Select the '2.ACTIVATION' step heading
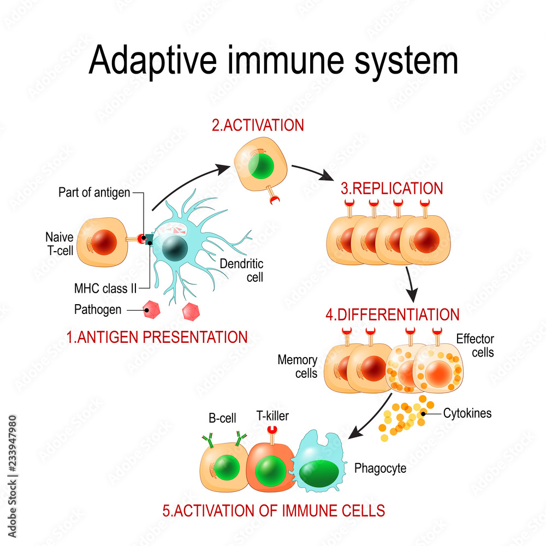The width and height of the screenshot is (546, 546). pyautogui.click(x=257, y=125)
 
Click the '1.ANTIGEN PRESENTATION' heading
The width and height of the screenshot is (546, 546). pyautogui.click(x=157, y=337)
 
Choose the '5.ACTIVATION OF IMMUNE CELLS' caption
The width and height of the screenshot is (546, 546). pyautogui.click(x=274, y=511)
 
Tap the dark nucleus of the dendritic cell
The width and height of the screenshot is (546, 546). pyautogui.click(x=174, y=248)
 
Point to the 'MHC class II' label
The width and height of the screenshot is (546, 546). pyautogui.click(x=105, y=287)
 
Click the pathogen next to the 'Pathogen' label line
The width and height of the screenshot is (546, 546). pyautogui.click(x=151, y=311)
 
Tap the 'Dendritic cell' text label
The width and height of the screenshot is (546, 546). pyautogui.click(x=241, y=270)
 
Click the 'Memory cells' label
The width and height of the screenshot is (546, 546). pyautogui.click(x=298, y=366)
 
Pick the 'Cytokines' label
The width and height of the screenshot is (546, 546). pyautogui.click(x=467, y=413)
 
